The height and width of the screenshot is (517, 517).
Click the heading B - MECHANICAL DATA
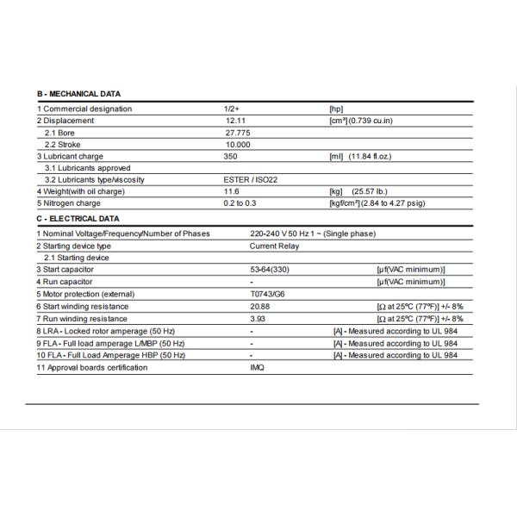coord(78,94)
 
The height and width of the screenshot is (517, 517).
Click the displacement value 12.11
coord(236,121)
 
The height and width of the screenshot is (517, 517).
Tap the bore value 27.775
coord(238,133)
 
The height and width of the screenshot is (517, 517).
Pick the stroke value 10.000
coord(238,145)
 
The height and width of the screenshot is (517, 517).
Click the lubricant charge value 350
coord(230,156)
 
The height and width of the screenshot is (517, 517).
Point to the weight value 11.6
coord(231,191)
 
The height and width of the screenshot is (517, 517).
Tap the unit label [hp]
coord(337,109)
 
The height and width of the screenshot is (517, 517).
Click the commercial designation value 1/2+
coord(231,109)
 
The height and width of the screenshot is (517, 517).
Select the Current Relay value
coord(274,246)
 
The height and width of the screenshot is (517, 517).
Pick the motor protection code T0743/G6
coord(268,294)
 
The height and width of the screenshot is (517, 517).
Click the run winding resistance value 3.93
coord(258,318)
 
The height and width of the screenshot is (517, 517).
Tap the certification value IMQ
coord(257,367)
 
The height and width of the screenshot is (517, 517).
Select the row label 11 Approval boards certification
coord(91,367)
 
